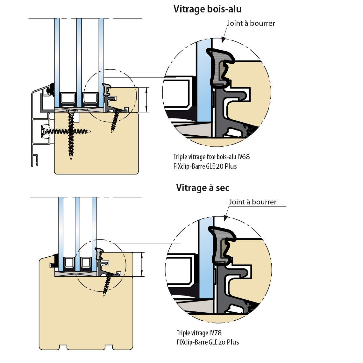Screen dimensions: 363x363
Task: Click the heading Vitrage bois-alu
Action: [207, 9]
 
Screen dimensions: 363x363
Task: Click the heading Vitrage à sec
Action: [203, 188]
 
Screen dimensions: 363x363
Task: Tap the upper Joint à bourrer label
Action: [251, 23]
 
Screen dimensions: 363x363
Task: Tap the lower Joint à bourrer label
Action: [253, 202]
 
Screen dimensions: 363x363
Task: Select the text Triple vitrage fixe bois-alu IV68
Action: [211, 157]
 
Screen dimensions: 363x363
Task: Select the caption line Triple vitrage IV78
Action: [199, 333]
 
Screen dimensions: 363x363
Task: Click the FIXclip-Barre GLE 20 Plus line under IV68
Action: [205, 166]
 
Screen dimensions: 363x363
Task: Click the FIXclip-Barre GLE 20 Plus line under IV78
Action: [208, 342]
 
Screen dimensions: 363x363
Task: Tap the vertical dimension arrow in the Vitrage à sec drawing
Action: [142, 264]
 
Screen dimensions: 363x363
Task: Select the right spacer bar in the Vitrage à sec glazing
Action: [86, 263]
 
